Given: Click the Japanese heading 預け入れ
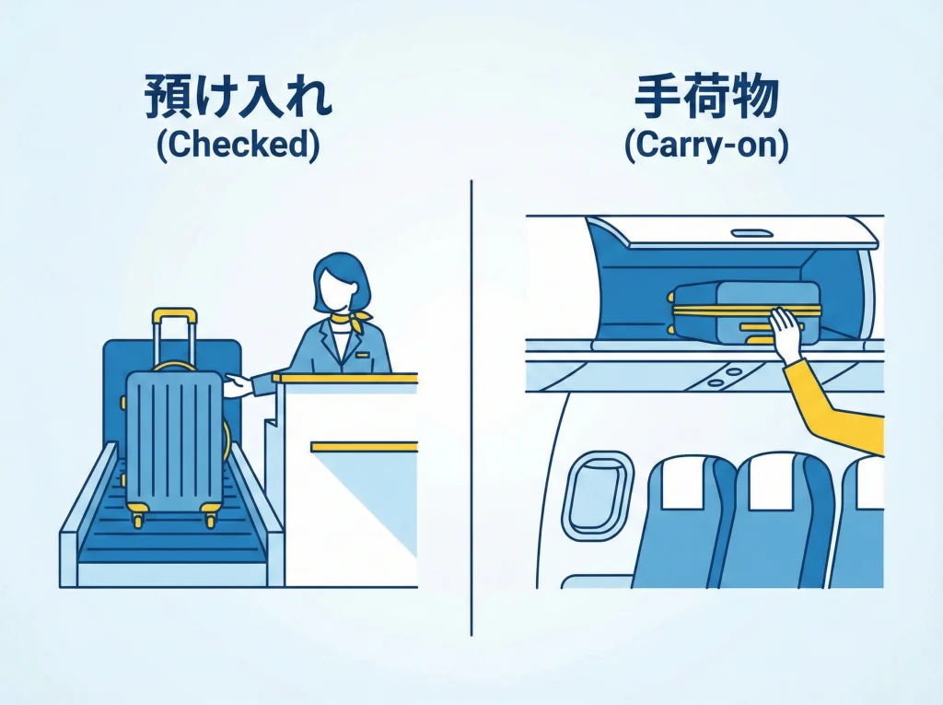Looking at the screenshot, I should [x=238, y=98].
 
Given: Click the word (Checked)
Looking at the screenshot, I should [x=238, y=147].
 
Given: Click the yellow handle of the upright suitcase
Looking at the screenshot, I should [x=174, y=316].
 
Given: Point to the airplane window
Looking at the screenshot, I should [x=596, y=494].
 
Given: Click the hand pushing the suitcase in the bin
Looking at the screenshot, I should [x=786, y=334].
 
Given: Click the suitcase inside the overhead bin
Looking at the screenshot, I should [x=728, y=309].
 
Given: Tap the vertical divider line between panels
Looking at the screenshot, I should [x=471, y=405].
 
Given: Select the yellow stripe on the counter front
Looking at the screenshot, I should [x=364, y=446].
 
